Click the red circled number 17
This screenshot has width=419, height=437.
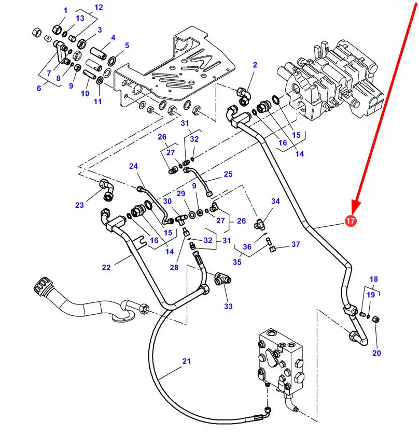pyautogui.click(x=351, y=222)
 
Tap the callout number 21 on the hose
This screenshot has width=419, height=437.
pyautogui.click(x=187, y=361)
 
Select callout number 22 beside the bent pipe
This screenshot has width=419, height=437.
pyautogui.click(x=106, y=268)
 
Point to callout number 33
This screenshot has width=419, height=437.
pyautogui.click(x=228, y=307)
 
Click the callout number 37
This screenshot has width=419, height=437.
pyautogui.click(x=296, y=244)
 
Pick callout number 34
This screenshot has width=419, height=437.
pyautogui.click(x=275, y=201)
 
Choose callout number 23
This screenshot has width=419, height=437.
pyautogui.click(x=79, y=205)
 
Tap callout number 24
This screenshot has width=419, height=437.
pyautogui.click(x=134, y=166)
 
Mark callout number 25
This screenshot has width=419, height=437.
pyautogui.click(x=228, y=174)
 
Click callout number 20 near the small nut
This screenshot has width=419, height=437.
pyautogui.click(x=376, y=353)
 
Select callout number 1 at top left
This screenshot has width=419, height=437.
pyautogui.click(x=66, y=10)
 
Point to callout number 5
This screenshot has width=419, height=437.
pyautogui.click(x=127, y=46)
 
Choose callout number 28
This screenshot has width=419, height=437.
pyautogui.click(x=174, y=267)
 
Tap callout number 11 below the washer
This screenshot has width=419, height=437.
pyautogui.click(x=97, y=101)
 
